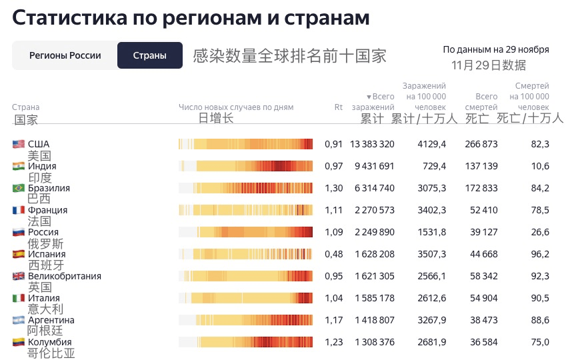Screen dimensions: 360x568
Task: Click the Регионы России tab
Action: coord(65,55)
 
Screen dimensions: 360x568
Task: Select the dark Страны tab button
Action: coord(150,55)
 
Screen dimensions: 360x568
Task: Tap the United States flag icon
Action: coord(19,144)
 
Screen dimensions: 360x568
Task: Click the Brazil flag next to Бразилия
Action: coord(19,188)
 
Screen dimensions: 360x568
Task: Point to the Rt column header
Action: coord(338,107)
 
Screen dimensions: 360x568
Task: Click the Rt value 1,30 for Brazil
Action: coord(334,188)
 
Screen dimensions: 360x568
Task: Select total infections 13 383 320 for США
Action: coord(372,144)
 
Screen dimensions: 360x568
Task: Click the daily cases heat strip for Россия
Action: coord(245,232)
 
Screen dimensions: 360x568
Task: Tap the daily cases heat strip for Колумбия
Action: coord(245,342)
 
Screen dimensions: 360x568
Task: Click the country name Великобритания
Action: coord(65,276)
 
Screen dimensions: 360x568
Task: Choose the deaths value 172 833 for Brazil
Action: coord(481,188)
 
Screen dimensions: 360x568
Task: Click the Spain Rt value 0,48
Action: coord(334,254)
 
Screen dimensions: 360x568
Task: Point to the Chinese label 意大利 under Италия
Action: coord(45,309)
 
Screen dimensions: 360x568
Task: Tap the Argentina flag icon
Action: coord(19,320)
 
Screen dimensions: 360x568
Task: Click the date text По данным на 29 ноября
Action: coord(496,49)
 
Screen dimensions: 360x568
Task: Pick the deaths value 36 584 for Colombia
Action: coord(481,342)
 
